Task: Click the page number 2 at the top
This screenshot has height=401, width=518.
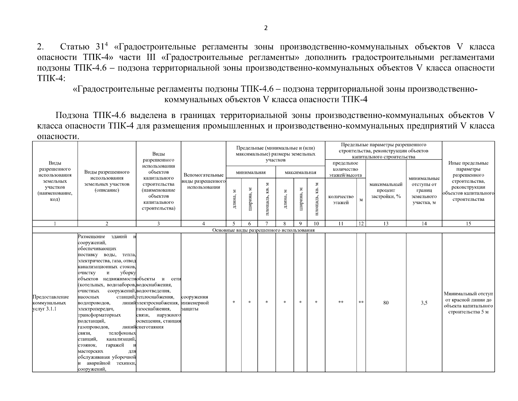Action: pos(266,28)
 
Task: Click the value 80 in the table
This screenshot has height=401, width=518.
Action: pos(386,303)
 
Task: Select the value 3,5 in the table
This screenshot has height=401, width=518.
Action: pos(424,303)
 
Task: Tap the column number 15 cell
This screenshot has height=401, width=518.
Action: pos(468,224)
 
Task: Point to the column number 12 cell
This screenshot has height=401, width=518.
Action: pos(361,224)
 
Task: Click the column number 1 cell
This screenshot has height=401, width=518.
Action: pos(55,224)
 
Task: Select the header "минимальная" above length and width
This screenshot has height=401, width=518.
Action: pos(250,172)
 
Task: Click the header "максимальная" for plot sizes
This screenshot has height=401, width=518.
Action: pos(300,172)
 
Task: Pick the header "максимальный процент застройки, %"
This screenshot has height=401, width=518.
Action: pos(386,190)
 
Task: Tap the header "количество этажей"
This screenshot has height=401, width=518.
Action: pos(341,199)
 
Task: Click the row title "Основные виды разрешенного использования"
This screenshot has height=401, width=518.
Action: pos(263,230)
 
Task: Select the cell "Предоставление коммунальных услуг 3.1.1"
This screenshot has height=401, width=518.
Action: pos(51,303)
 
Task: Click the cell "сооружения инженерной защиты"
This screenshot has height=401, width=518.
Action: pos(195,303)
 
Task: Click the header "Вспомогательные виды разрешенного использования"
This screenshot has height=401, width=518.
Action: pos(203,181)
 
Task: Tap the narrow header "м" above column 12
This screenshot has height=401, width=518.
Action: pos(361,200)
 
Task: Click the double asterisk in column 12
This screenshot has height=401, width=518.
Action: pos(361,302)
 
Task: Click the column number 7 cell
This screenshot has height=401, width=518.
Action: pos(267,224)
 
